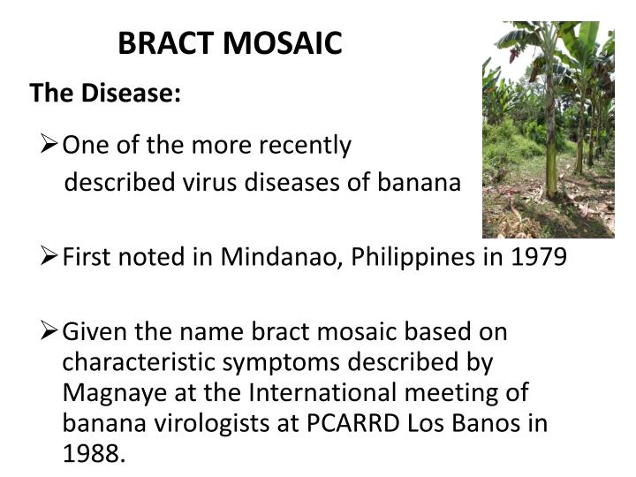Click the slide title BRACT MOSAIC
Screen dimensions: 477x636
230,43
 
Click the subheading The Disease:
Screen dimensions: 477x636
105,93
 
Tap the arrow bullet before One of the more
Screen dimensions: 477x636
49,144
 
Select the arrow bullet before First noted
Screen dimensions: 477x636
49,256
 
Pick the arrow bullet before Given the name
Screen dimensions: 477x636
49,332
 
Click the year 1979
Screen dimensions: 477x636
537,257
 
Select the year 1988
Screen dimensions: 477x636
93,453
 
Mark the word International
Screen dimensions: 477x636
318,393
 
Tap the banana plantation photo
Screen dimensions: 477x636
548,130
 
